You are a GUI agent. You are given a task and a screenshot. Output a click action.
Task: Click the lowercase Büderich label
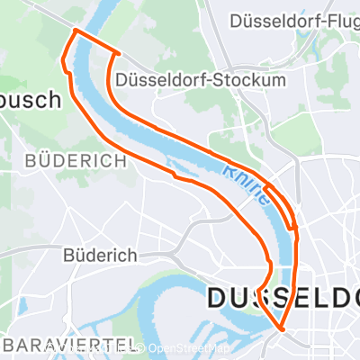[99, 255]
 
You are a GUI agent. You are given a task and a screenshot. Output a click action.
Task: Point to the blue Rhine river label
[246, 185]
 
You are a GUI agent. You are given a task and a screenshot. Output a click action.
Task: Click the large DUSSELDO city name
[283, 299]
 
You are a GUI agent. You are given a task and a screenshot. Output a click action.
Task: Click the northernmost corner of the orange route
[75, 31]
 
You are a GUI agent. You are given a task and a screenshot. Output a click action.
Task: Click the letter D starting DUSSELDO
[221, 299]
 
